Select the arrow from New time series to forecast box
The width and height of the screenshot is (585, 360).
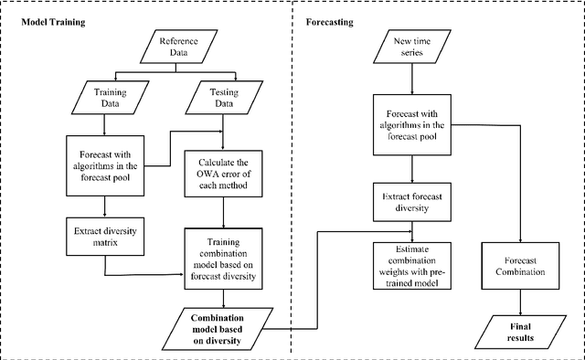click(414, 79)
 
